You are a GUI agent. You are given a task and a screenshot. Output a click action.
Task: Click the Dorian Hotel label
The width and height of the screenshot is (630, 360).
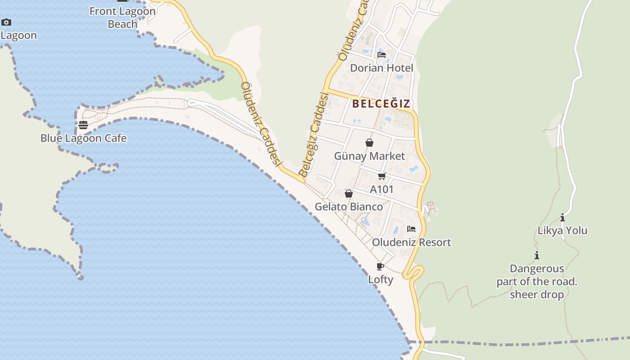pos(382,68)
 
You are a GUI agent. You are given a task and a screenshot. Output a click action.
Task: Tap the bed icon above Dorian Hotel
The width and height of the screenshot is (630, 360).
pos(382,55)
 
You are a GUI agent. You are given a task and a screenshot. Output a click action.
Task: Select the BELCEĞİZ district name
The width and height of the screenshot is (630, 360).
pos(381,104)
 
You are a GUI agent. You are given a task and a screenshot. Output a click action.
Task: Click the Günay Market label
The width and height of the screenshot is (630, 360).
pos(369,156)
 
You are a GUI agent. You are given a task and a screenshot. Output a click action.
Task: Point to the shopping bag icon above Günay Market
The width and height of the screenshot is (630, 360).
pos(369,143)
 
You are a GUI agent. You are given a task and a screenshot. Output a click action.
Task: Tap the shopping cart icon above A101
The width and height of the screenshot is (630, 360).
pos(382,176)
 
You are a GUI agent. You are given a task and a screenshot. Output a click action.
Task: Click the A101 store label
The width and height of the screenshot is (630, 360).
pos(382,189)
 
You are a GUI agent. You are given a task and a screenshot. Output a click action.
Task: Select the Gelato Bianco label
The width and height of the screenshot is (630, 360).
pos(349,207)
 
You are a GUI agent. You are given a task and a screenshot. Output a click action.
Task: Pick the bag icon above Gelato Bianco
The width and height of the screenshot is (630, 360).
pos(349,193)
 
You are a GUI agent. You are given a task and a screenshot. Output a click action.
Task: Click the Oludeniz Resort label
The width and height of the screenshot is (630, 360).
pos(411,243)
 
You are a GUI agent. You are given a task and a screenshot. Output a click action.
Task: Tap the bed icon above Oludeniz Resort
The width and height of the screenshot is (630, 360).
pos(411,229)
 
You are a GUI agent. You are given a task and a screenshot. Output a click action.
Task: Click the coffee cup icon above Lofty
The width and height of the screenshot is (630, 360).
pos(380,266)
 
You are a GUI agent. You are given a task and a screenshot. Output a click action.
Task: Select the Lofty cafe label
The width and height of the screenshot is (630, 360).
pos(381,279)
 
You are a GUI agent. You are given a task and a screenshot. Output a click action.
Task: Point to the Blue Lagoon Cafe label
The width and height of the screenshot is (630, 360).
pos(84,138)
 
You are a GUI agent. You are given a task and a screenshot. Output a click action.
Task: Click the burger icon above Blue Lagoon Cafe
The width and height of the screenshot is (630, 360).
pos(83,125)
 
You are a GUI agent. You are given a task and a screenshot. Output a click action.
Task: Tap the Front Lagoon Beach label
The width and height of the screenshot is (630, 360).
pos(122,18)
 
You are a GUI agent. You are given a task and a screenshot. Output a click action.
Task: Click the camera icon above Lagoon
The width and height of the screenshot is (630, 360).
pos(6,22)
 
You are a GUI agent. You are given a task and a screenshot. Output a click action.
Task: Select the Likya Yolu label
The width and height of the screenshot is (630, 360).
pos(562,231)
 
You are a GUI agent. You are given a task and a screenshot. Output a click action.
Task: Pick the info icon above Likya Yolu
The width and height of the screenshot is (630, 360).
pos(562,218)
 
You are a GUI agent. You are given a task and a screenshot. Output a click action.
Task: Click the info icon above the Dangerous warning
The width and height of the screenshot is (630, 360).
pos(537,256)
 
